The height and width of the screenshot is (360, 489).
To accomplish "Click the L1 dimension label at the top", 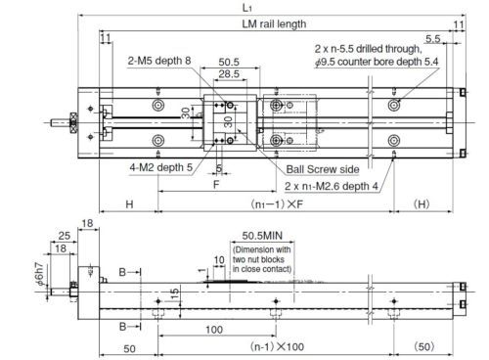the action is click(246, 8).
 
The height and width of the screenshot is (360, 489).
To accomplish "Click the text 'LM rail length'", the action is click(274, 23).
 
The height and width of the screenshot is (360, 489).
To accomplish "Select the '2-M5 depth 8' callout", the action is click(159, 61).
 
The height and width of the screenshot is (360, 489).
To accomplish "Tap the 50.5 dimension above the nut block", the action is click(229, 62).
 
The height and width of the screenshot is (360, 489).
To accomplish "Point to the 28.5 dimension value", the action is click(229, 73).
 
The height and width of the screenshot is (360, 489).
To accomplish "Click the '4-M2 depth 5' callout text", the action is click(161, 167).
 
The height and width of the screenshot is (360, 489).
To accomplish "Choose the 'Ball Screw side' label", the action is click(323, 169).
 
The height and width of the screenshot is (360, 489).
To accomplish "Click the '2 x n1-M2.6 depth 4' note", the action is click(332, 186).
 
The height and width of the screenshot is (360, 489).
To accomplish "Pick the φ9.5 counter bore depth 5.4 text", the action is click(377, 62).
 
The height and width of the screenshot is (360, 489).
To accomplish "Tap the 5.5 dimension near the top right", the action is click(433, 39).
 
